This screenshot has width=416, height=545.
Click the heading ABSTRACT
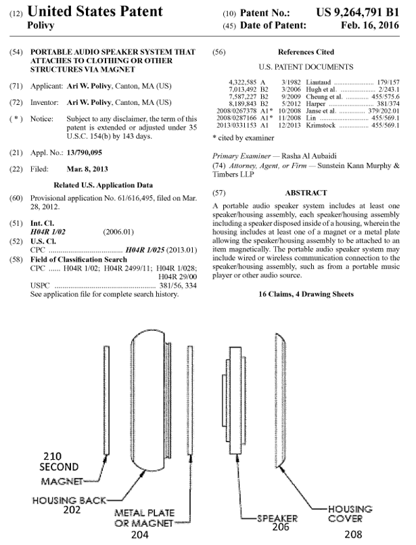click(x=306, y=193)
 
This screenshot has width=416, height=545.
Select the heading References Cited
click(x=306, y=51)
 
